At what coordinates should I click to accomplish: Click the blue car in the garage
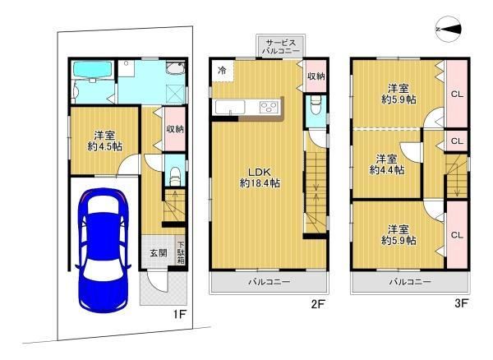pos(103,250)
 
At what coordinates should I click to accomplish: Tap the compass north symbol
pos(449,29)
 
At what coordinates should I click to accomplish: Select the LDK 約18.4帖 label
pos(260,178)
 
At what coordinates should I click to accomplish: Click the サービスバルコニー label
pos(281,47)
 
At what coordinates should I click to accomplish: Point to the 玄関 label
pos(158,253)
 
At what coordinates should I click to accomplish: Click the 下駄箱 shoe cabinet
pos(181,252)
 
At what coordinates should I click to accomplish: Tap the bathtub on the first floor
pos(92,70)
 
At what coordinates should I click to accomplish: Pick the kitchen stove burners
pos(269,107)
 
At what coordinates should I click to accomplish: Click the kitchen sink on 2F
pos(230,108)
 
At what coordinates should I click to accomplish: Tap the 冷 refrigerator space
pos(223,71)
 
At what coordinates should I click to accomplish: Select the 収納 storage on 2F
pos(316,76)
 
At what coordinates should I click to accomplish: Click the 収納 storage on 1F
pos(175,129)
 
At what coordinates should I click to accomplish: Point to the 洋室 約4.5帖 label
pos(104,141)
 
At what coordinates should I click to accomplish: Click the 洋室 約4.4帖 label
pos(387,164)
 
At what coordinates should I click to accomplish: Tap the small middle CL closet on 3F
pos(457,141)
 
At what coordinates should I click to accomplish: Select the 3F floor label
pos(461,304)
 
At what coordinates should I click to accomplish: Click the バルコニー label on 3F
pos(410,282)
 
